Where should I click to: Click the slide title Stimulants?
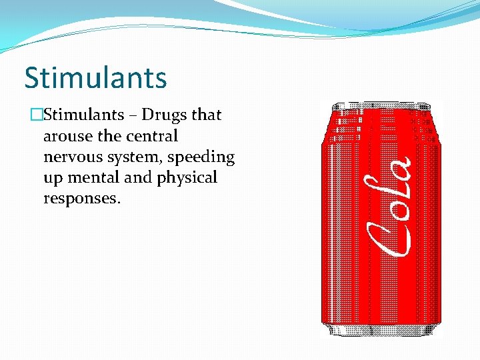tap(95, 77)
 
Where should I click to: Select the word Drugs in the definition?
tap(165, 115)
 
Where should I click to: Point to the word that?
tap(207, 115)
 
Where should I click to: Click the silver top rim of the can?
tap(381, 105)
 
